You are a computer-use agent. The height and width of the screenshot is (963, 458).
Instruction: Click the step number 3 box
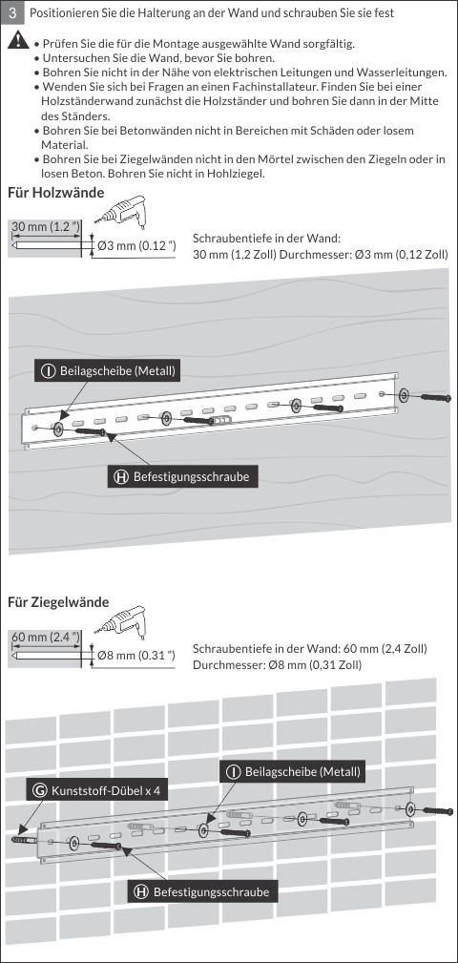click(x=12, y=12)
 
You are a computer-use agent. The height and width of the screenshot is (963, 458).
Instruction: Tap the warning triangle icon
click(x=18, y=41)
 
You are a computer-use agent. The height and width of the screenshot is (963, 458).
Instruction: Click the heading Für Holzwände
click(x=56, y=193)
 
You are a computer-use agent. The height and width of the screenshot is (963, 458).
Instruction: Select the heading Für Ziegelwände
click(x=58, y=602)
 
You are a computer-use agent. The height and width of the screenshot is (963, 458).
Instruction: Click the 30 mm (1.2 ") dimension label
click(x=47, y=227)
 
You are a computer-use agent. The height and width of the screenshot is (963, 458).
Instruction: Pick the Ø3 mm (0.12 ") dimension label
click(x=136, y=246)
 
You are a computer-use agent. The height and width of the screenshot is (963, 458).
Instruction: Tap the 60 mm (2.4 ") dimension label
click(x=47, y=637)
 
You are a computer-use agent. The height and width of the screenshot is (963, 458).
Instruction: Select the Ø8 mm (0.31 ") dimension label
click(x=136, y=656)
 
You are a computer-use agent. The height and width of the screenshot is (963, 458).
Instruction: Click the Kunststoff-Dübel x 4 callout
click(x=97, y=790)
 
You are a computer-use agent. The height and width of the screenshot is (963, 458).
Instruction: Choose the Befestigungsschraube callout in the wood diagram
click(x=183, y=476)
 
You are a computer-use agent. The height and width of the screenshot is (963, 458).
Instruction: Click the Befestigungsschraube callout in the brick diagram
click(x=202, y=891)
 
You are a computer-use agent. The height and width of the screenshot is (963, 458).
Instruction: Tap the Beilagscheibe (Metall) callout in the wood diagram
click(x=108, y=371)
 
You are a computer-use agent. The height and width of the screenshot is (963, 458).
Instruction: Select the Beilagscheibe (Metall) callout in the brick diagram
click(x=293, y=771)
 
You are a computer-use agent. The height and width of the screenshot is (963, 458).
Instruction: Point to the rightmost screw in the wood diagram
click(x=436, y=397)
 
